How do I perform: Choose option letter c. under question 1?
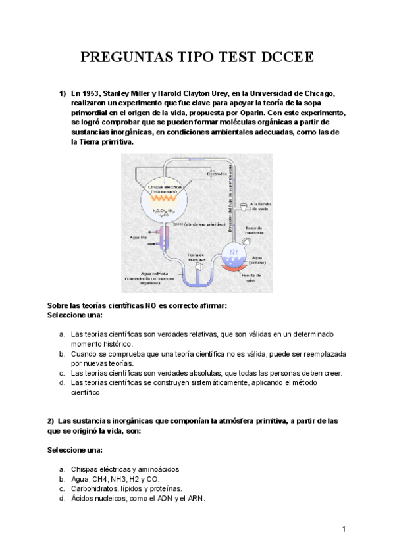coord(61,372)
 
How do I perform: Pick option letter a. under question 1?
coord(61,334)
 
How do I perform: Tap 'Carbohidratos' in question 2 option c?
coord(93,489)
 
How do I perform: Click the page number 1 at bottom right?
coord(344,529)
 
